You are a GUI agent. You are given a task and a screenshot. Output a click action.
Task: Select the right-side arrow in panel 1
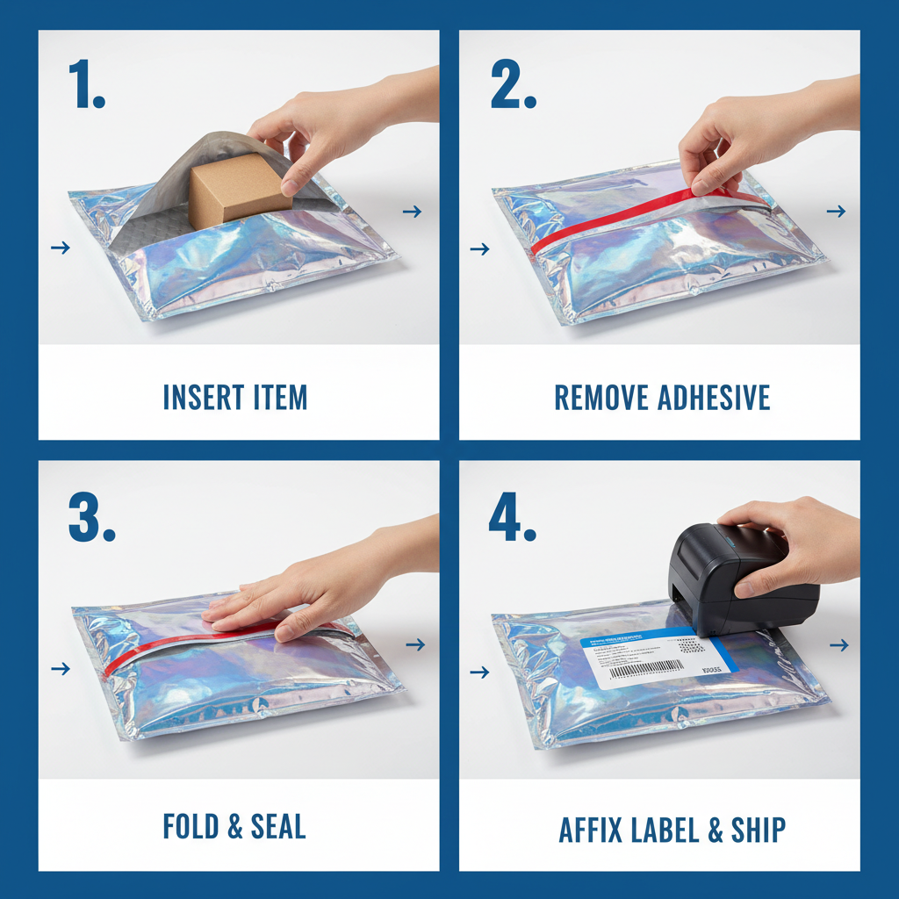[412, 212]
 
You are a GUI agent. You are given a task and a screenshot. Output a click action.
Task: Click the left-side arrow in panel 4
[479, 672]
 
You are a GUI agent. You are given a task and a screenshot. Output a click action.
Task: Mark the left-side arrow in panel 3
[60, 669]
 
